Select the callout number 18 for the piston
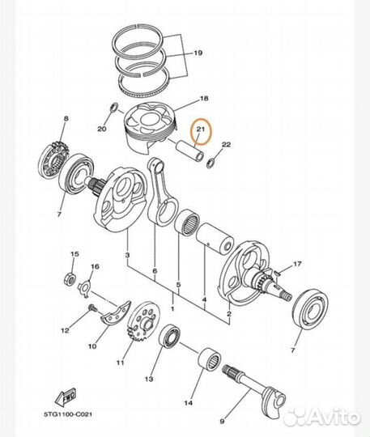click(204, 98)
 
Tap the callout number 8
click(66, 119)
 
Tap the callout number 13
click(149, 377)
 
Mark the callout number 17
click(298, 264)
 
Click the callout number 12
click(64, 330)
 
